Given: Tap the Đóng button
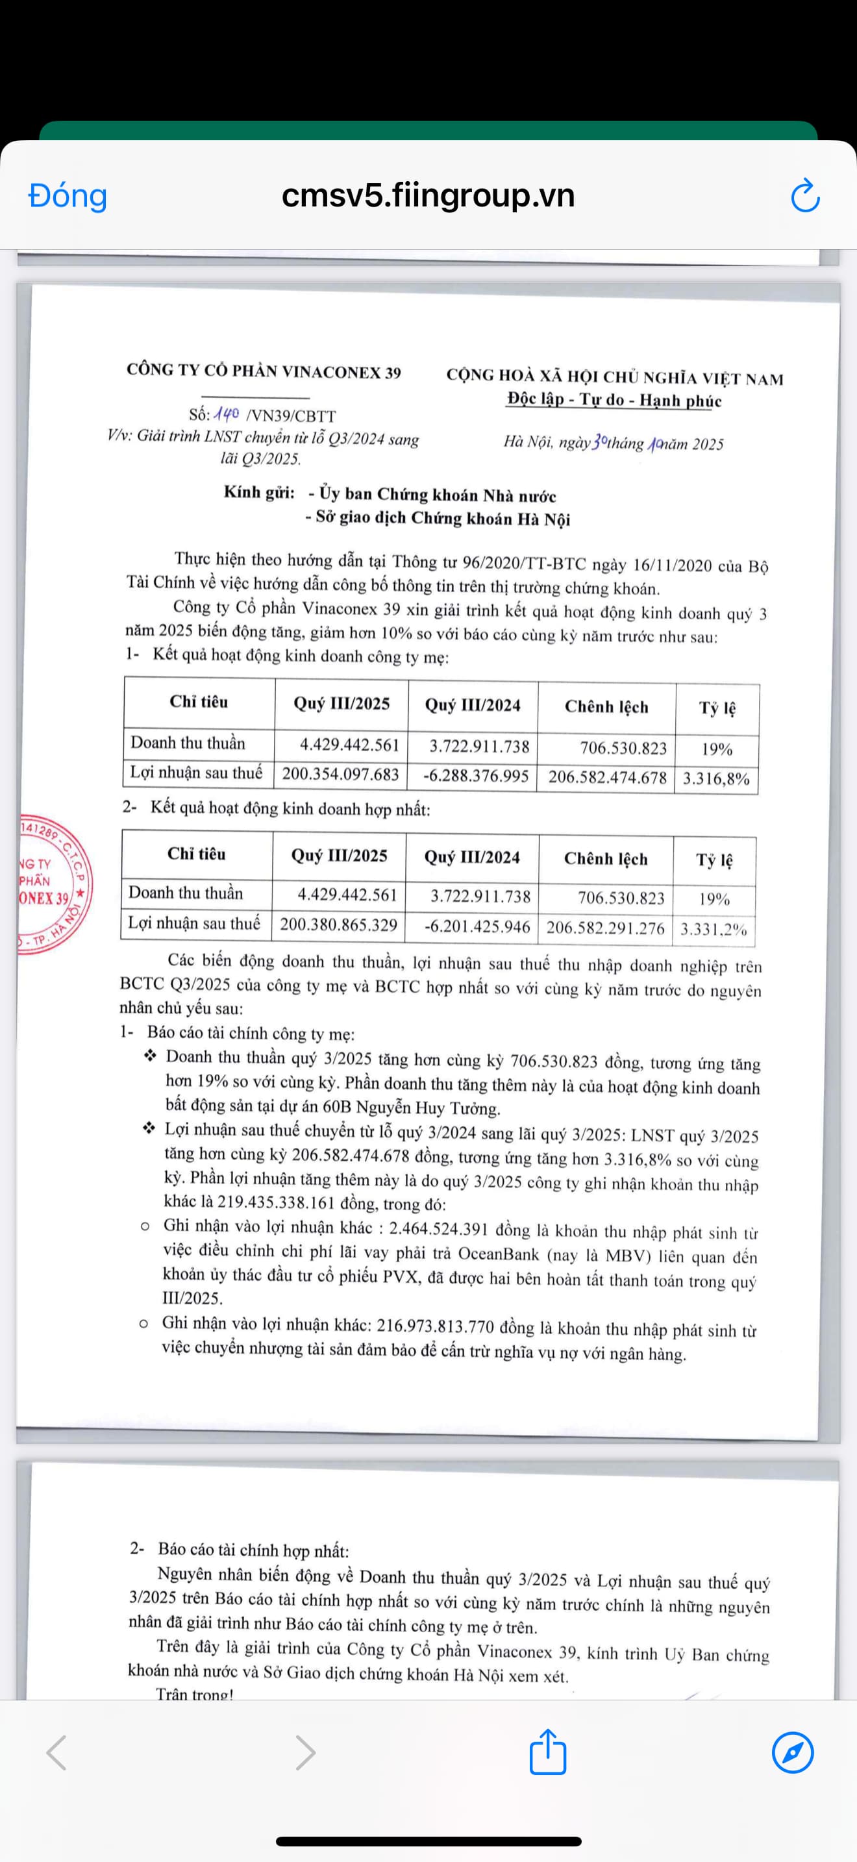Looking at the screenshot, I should (68, 196).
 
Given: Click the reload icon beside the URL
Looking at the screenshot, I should (805, 196).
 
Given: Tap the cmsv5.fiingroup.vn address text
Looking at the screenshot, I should (428, 196).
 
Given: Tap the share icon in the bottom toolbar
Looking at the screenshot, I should (548, 1752).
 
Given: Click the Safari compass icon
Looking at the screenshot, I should (793, 1752).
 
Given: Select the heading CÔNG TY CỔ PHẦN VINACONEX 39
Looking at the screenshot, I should (264, 371).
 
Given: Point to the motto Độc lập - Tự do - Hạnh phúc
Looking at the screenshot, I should (614, 400).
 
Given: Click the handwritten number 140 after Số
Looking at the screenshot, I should (226, 414).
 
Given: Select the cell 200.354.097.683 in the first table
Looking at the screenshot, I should (340, 774).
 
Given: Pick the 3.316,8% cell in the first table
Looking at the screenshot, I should (716, 778).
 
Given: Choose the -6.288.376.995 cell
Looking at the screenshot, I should (475, 776).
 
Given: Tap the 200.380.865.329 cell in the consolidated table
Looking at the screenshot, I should (338, 925).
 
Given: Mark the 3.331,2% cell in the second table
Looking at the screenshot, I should (714, 929).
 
